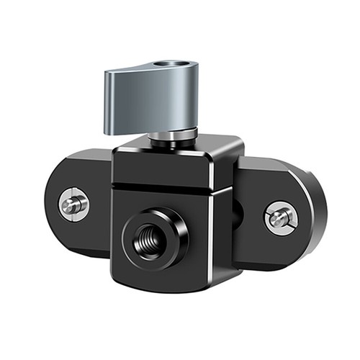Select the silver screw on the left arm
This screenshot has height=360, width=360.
click(x=73, y=204)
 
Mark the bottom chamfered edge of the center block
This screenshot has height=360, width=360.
click(x=166, y=287)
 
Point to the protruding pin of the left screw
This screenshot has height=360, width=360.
click(x=73, y=204)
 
